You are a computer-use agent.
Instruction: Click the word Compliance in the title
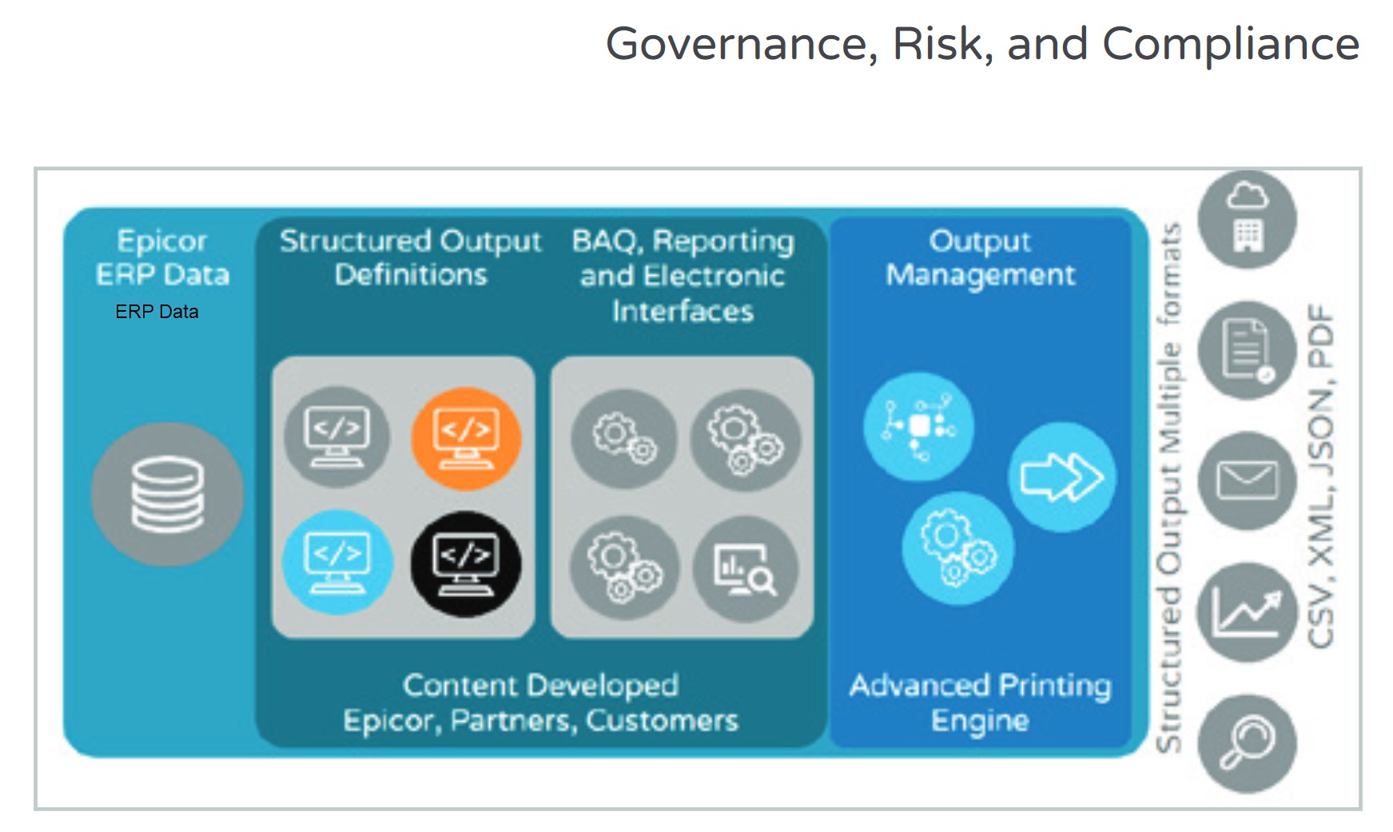pos(1231,43)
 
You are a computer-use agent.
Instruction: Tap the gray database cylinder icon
pos(167,494)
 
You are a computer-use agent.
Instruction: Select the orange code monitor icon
pos(466,438)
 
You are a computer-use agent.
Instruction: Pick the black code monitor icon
pos(466,564)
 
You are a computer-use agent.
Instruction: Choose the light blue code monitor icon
pos(338,563)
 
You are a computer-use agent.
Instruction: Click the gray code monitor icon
pos(337,436)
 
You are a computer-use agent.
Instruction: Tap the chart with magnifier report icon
pos(745,569)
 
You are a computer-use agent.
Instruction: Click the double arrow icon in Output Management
pos(1061,477)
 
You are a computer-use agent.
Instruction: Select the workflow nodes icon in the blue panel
pos(919,427)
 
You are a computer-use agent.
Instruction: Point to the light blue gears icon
pos(957,548)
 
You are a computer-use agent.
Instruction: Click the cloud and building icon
pos(1247,219)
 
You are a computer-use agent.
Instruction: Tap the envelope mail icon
pos(1247,480)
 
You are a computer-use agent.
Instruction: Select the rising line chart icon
pos(1247,612)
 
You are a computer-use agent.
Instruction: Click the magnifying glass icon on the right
pos(1247,743)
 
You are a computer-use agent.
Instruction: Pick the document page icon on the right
pos(1247,350)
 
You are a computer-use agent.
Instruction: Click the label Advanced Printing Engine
pos(981,703)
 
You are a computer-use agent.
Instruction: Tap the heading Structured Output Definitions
pos(411,257)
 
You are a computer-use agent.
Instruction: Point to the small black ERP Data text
pos(157,312)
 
